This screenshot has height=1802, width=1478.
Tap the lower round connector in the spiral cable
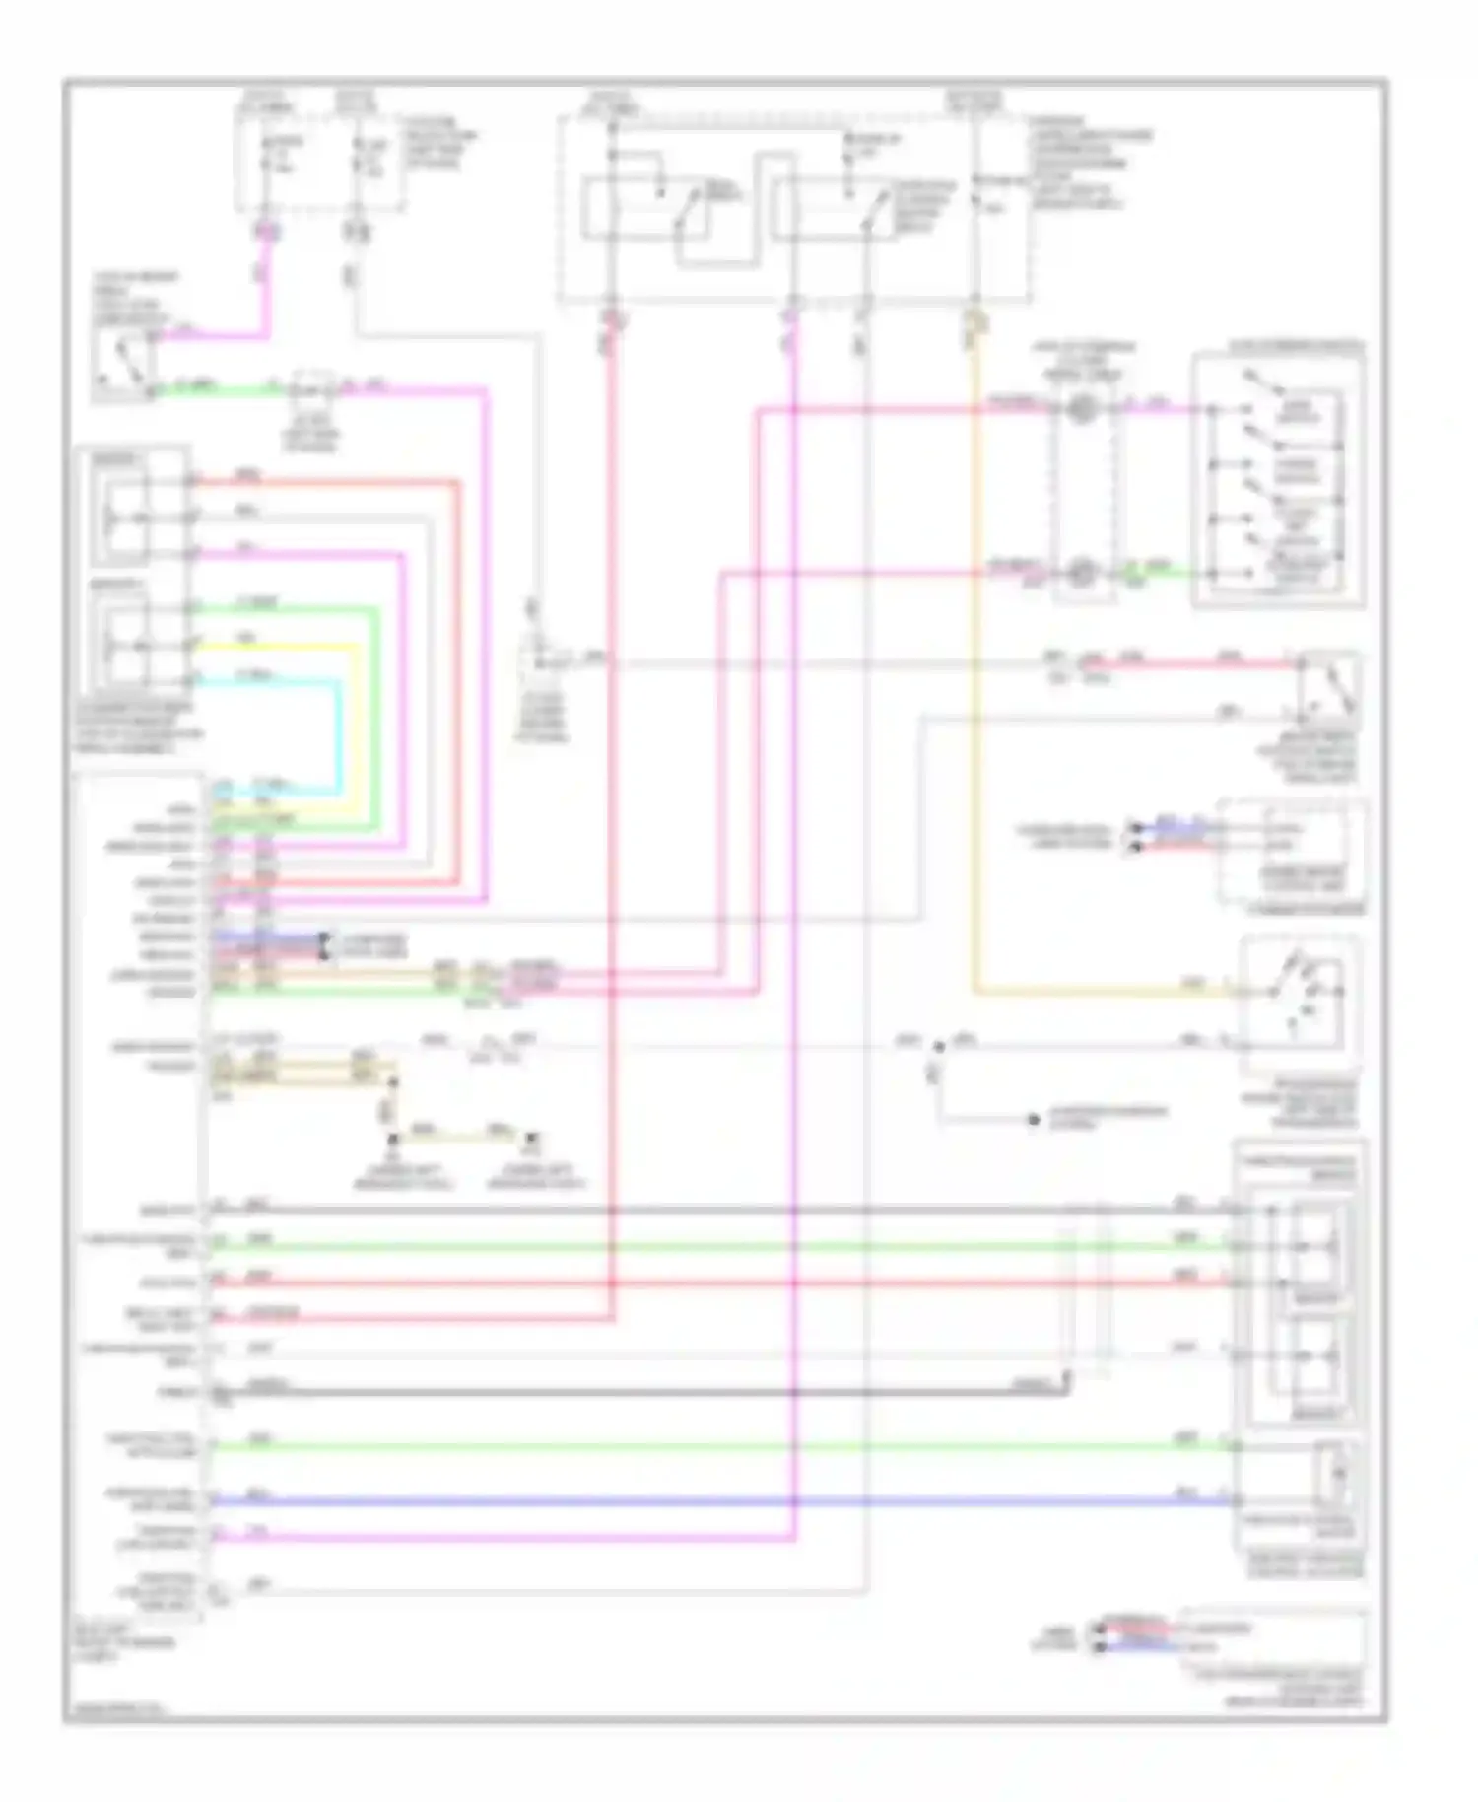pos(1081,571)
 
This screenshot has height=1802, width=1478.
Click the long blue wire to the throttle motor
pos(690,1501)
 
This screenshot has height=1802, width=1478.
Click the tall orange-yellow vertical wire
pos(974,690)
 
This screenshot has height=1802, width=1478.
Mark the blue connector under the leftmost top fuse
pos(265,233)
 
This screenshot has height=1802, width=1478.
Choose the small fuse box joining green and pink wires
pos(314,388)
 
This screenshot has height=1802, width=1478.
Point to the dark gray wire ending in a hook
pos(640,1392)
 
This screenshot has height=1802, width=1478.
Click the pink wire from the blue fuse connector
pos(264,296)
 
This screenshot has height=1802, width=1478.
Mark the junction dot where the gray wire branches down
pos(937,1046)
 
